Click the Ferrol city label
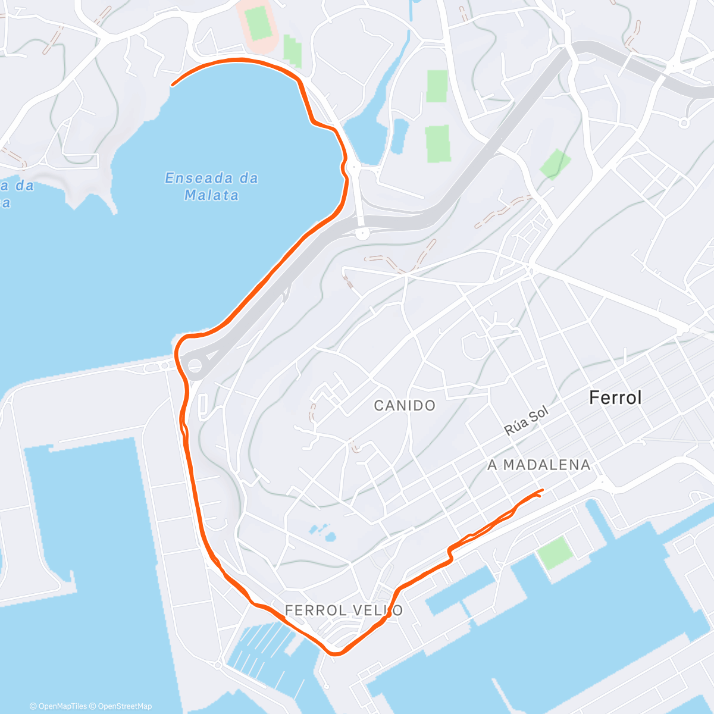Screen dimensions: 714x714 615,397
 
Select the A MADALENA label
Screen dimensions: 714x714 539,465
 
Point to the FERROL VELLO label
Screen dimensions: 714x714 343,610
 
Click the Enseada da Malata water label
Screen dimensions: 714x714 211,186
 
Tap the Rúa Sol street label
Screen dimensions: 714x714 525,421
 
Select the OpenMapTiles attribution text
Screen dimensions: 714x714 58,706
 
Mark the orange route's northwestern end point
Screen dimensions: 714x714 173,84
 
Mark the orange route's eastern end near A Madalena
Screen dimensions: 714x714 542,490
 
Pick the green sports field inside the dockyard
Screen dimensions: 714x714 555,552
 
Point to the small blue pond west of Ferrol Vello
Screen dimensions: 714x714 321,531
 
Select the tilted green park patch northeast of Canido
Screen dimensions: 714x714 555,164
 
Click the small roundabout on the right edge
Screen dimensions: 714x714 684,123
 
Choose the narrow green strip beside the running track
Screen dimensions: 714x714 292,50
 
